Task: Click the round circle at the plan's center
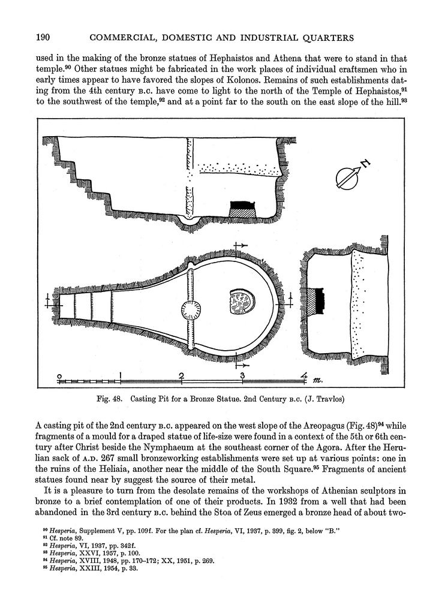tap(191, 310)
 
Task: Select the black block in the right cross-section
tap(317, 299)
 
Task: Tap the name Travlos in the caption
tap(329, 398)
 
